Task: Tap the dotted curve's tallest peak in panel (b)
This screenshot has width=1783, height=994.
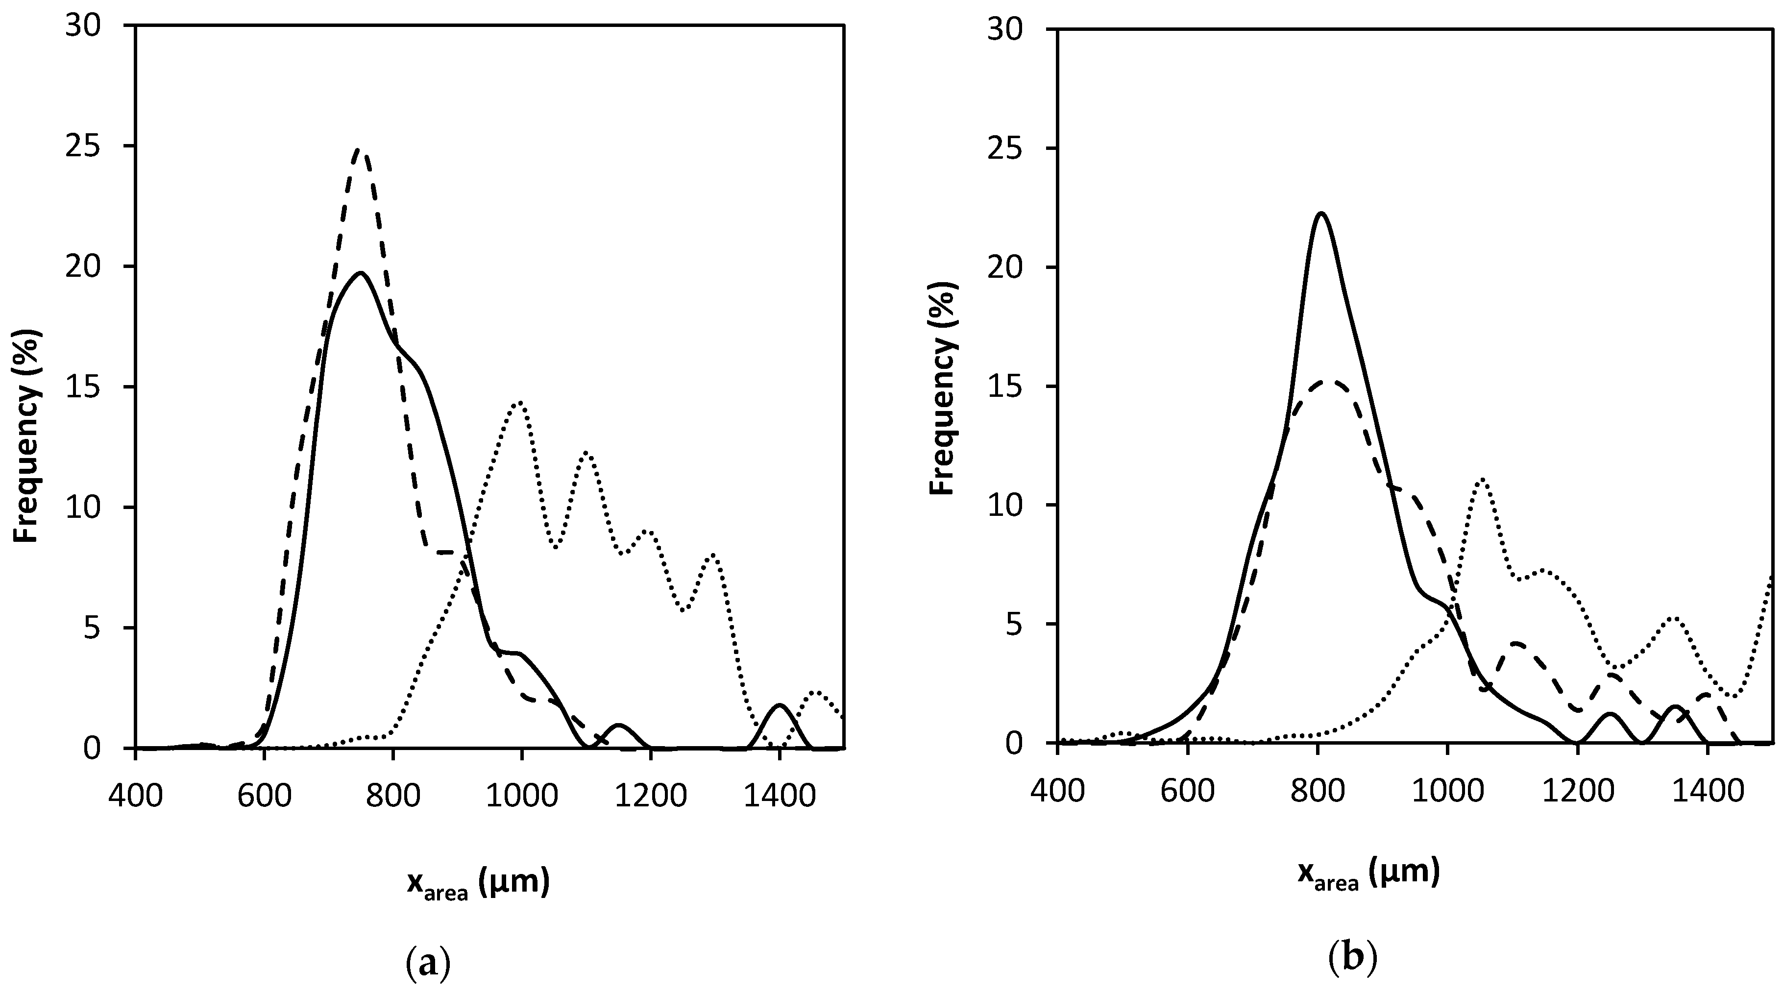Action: (x=1482, y=479)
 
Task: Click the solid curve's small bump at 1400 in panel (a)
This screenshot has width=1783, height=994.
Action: (x=780, y=705)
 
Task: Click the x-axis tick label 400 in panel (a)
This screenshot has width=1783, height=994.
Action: (x=136, y=796)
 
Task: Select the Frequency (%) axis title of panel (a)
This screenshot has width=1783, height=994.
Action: (x=28, y=436)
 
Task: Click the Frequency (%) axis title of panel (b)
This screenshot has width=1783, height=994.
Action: (x=943, y=388)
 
